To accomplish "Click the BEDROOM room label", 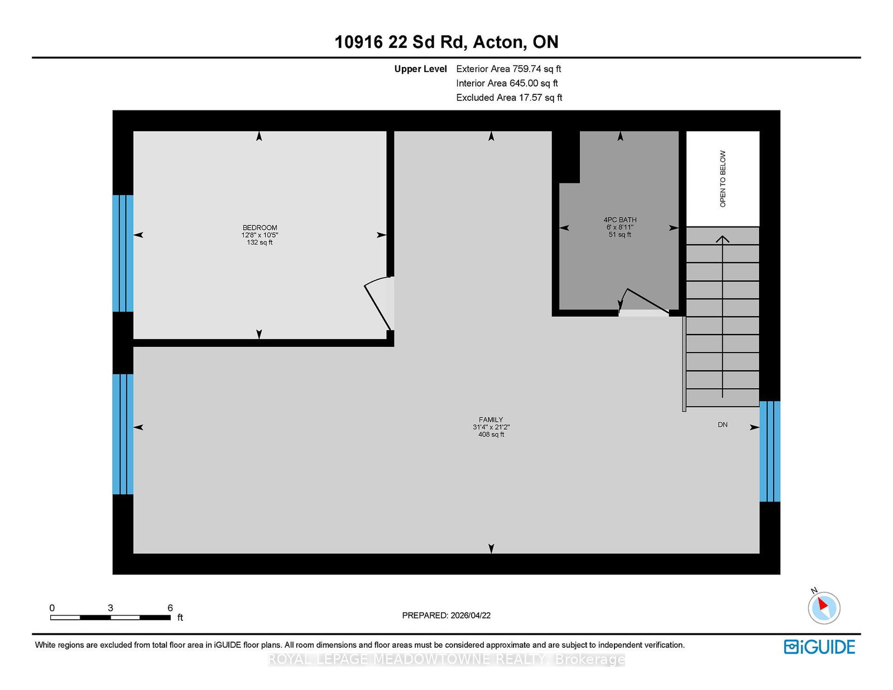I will click(260, 228).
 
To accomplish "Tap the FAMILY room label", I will click(491, 419).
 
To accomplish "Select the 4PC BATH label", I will click(620, 220).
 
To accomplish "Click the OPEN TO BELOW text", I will click(723, 178).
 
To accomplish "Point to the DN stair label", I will click(722, 424).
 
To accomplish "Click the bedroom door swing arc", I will click(377, 301).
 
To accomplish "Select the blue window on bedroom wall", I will click(123, 253).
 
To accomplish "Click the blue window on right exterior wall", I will click(770, 451).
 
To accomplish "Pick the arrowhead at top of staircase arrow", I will click(723, 239).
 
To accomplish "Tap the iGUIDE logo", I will click(819, 646).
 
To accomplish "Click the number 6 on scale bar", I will click(170, 607).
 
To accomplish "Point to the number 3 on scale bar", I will click(111, 607).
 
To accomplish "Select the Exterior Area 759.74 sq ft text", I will click(508, 69).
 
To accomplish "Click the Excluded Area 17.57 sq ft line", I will click(509, 97).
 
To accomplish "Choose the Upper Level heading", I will click(420, 69).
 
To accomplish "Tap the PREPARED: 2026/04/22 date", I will click(446, 615).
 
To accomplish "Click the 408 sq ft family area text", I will click(491, 434).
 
